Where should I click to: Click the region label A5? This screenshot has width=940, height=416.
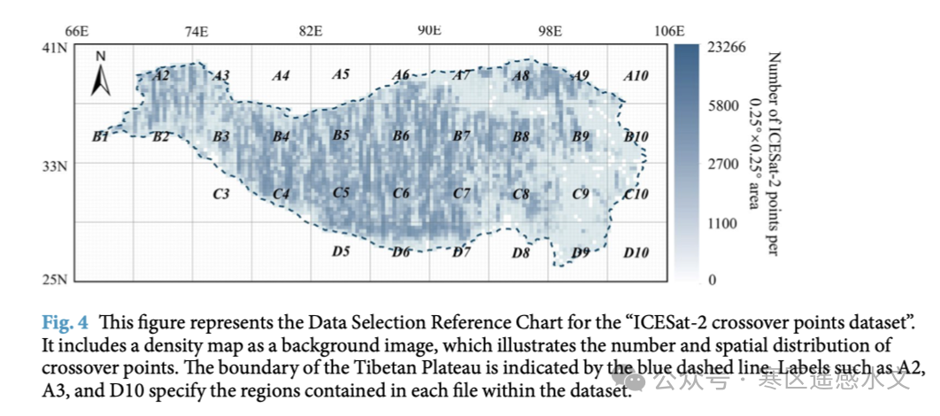[x=341, y=75]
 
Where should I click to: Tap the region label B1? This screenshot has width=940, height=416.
[x=100, y=137]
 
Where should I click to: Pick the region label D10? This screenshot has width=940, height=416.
[x=636, y=254]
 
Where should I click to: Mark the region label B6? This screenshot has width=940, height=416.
[x=401, y=136]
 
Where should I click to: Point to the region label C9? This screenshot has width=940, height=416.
[x=581, y=195]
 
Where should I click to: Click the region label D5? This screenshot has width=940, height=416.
[x=341, y=253]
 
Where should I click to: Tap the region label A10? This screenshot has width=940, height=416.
[x=636, y=76]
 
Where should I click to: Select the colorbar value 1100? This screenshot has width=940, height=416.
[x=722, y=224]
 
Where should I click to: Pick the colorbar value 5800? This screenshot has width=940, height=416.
[x=722, y=106]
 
